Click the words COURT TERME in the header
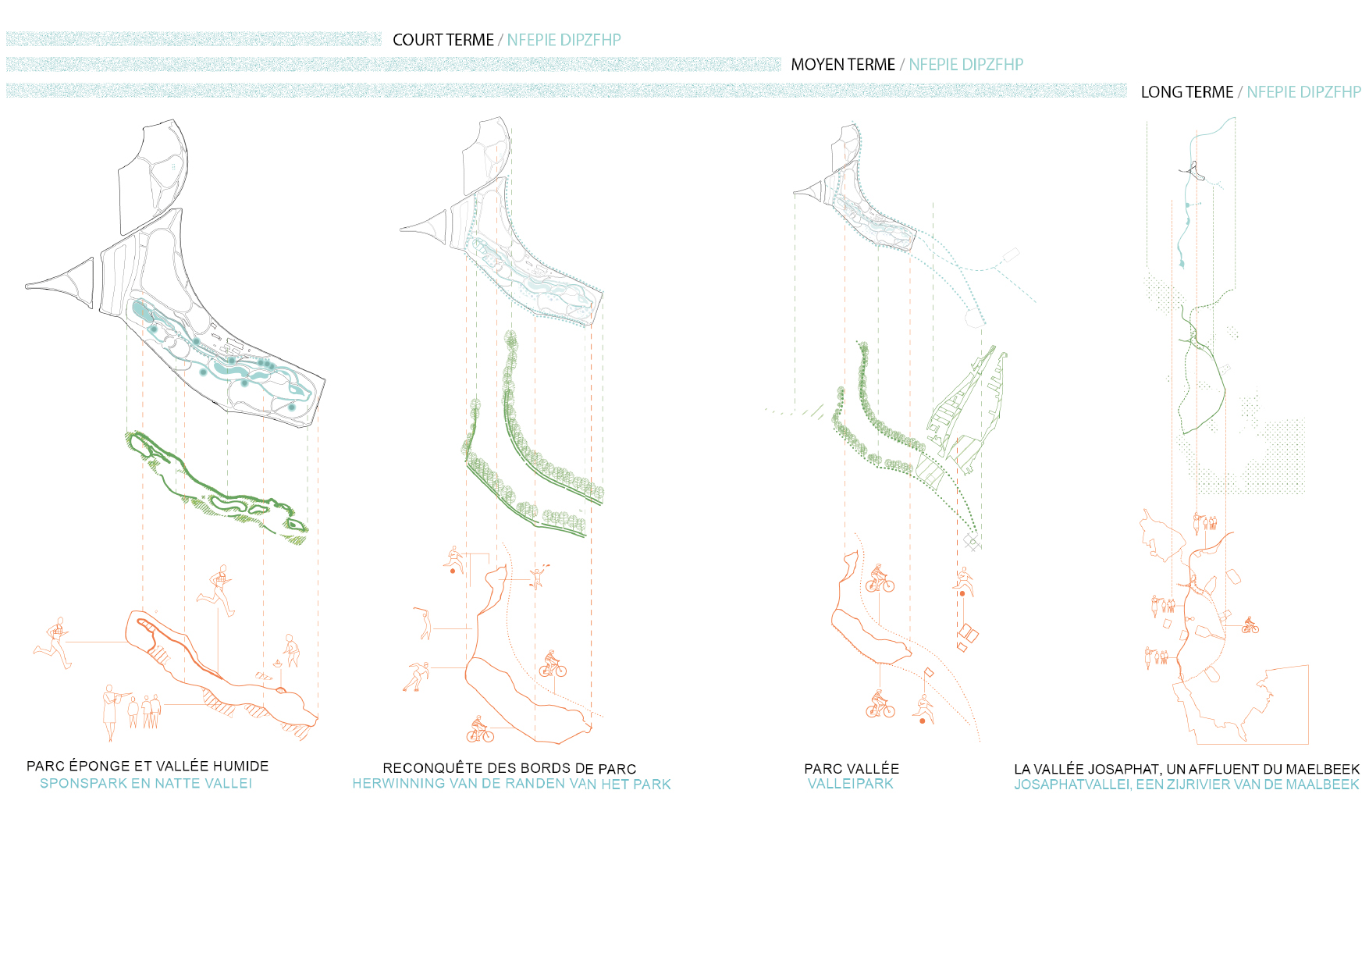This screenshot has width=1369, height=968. coord(443,40)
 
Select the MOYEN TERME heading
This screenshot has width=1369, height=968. coord(843,65)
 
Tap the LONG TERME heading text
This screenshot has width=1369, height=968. coord(1186,92)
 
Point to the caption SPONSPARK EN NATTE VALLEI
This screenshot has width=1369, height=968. coord(146,783)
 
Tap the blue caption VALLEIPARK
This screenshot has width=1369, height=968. coord(850,784)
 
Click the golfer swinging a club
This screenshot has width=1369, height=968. coord(424,623)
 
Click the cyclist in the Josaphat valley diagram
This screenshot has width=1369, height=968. coord(1250,625)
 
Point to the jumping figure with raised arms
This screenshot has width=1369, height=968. coord(537,576)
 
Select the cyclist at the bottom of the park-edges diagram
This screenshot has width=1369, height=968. coord(480,730)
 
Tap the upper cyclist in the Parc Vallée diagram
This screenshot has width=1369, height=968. coord(879,579)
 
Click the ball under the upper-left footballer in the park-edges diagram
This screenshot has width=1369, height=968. coord(453,571)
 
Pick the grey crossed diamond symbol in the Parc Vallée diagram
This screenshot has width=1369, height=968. coord(971,541)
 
